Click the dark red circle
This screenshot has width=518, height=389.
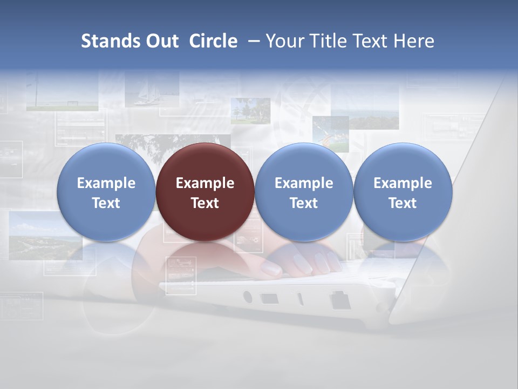(x=205, y=192)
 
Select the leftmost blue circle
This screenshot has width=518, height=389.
(x=106, y=192)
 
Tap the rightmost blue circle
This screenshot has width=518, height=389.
(x=403, y=192)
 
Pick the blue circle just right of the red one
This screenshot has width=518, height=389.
(x=304, y=192)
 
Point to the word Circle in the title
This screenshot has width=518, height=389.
(x=213, y=41)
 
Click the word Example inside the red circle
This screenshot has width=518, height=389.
(x=205, y=183)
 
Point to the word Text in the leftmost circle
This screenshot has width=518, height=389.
(x=106, y=203)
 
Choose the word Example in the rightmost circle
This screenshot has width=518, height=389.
(x=403, y=183)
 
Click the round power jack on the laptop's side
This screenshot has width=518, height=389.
(x=248, y=296)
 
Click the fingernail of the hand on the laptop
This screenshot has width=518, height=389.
(x=269, y=267)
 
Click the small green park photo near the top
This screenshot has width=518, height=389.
(x=250, y=110)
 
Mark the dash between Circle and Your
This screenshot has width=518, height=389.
(x=251, y=41)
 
